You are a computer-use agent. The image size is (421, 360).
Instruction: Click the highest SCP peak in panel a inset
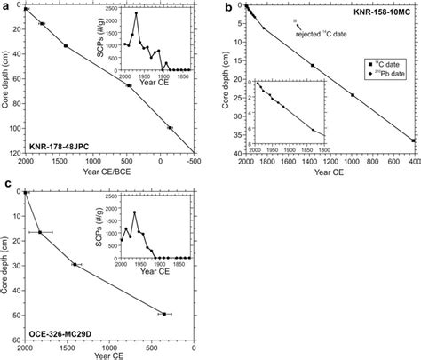tap(136, 13)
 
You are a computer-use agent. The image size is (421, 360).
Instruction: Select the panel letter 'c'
tap(6, 184)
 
